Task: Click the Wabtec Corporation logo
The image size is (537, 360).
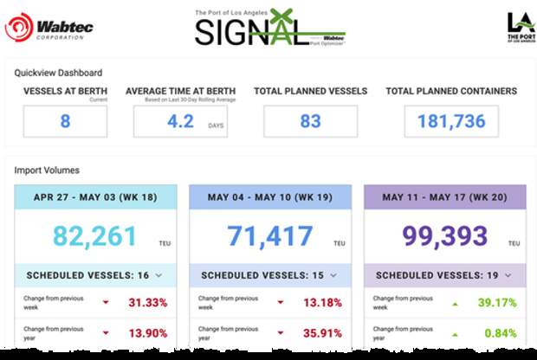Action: pos(49,27)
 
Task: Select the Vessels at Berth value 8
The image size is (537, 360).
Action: pos(65,121)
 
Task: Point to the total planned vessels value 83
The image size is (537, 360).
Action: pos(310,121)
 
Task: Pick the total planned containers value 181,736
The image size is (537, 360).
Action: pos(451,121)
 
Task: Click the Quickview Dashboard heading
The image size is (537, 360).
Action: pos(58,73)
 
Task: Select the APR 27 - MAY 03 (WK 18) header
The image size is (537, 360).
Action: pos(96,198)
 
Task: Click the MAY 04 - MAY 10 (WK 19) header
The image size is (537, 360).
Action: pos(270,198)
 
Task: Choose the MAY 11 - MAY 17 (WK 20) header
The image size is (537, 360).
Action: pos(444,198)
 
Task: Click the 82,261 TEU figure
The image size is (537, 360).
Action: pos(94,235)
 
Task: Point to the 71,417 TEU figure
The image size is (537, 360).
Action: pos(269,235)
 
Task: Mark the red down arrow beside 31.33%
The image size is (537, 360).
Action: pos(107,303)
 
